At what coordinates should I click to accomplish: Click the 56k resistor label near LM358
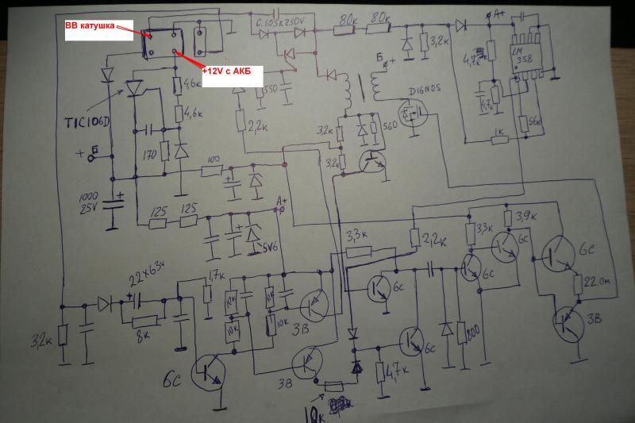coord(533,124)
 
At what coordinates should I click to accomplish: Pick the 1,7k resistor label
coord(214,275)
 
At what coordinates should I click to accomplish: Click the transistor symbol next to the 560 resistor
coord(370,162)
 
